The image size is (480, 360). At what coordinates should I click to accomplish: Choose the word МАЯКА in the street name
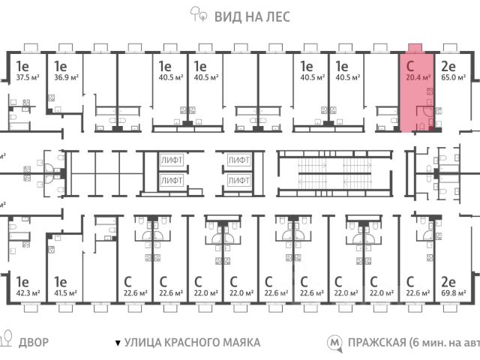(237, 343)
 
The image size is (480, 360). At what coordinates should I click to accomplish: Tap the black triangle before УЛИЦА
(117, 343)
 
